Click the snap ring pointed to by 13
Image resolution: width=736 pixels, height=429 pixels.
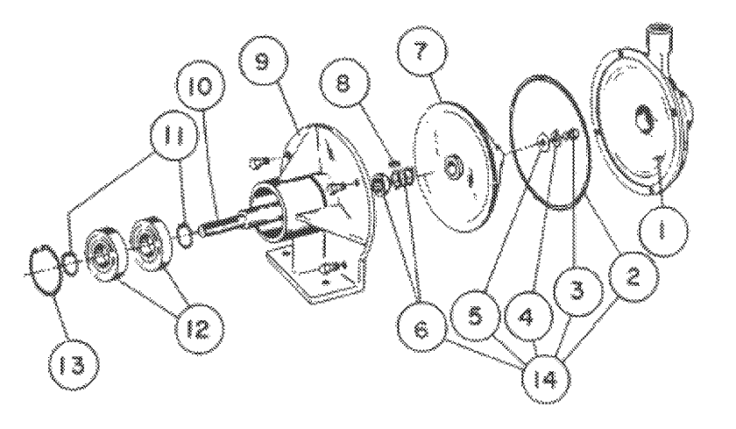45,263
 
